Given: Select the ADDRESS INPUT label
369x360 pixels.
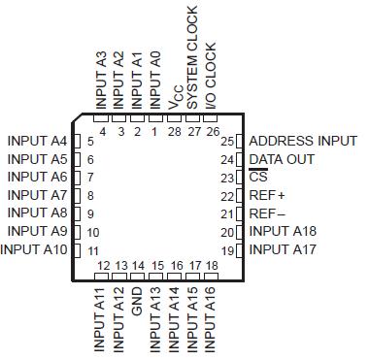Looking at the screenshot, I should coord(303,141).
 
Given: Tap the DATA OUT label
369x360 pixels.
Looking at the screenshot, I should coord(282,159).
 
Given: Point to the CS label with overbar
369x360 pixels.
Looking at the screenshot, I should coord(257,178).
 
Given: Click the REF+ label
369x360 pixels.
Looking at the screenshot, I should coord(267,195).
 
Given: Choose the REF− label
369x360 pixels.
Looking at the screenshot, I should coord(267,213).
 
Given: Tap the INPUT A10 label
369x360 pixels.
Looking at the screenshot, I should coord(34,249).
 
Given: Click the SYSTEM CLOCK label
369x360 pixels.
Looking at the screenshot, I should coord(192,55).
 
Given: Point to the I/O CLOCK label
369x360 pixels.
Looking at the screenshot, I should coord(211,72).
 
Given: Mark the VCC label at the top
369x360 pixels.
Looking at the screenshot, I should coord(175,98).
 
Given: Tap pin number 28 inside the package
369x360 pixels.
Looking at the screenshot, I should coord(175,130).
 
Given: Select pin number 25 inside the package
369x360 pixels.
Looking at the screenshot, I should coord(228,142).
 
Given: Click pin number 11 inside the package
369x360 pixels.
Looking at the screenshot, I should coord(93,250).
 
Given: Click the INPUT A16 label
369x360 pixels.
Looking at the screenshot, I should coord(212,319).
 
